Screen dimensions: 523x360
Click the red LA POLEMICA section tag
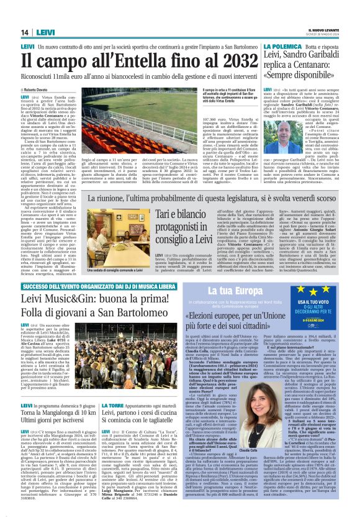[282, 47]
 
